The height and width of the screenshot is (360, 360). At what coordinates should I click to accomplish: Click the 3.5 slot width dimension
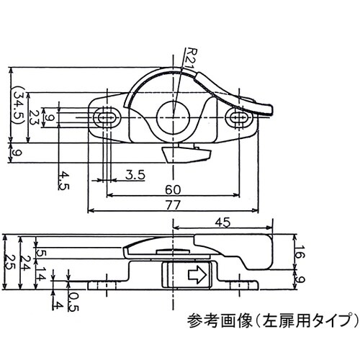pos(135,174)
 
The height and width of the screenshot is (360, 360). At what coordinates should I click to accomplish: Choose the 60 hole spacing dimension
pos(173,189)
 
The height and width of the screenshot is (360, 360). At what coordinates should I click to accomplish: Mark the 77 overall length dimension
pos(173,205)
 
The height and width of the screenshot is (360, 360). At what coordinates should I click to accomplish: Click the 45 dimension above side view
pos(223,222)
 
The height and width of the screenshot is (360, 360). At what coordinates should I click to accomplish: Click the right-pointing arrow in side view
pos(196,274)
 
